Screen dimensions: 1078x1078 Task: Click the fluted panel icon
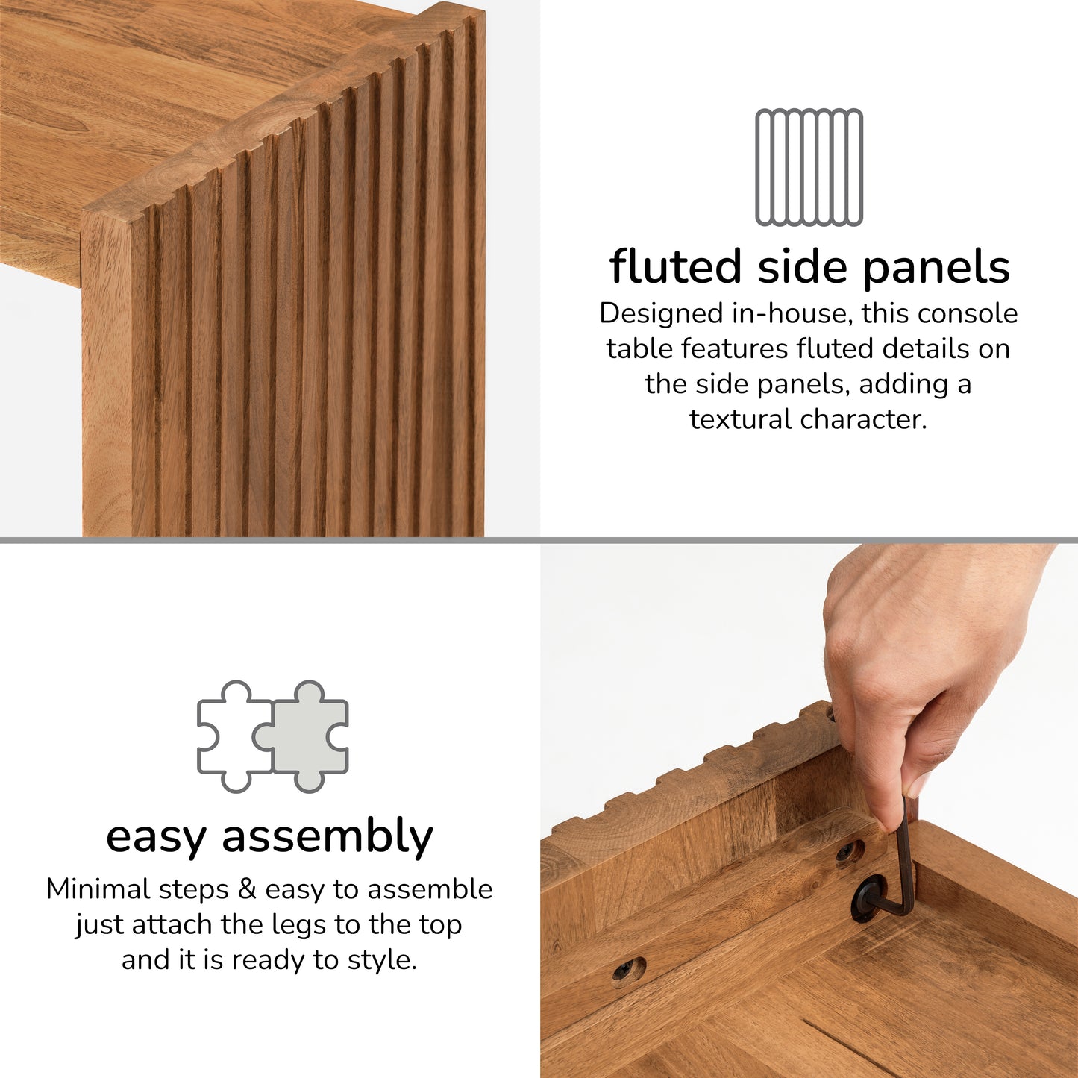[x=809, y=167]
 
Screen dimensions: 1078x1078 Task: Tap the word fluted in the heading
[x=675, y=266]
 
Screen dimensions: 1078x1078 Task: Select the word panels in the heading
[x=936, y=268]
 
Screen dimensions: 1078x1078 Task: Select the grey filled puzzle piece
[x=306, y=736]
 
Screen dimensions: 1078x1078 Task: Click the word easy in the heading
[x=155, y=837]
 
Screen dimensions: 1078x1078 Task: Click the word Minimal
[x=95, y=889]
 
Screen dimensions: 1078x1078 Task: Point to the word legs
[x=298, y=925]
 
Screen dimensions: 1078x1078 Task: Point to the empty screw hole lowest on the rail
[x=628, y=971]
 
